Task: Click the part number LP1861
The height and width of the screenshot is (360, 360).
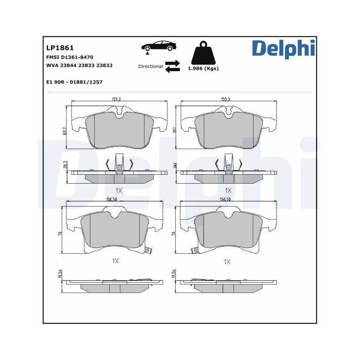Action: click(60, 48)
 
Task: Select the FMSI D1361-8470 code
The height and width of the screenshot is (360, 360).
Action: click(70, 57)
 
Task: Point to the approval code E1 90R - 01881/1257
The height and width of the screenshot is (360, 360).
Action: click(75, 82)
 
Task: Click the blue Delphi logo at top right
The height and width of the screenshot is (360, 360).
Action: click(283, 49)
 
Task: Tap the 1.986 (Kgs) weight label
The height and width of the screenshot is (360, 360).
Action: click(203, 68)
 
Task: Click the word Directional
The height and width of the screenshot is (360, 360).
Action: click(150, 66)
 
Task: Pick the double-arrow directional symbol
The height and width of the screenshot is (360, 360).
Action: click(172, 66)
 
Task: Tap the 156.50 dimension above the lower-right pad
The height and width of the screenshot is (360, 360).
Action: click(225, 199)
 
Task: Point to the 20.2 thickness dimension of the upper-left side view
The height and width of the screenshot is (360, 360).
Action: click(65, 165)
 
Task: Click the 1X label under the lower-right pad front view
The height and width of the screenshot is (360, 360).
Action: click(227, 262)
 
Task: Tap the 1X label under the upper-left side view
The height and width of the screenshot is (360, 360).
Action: click(118, 190)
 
